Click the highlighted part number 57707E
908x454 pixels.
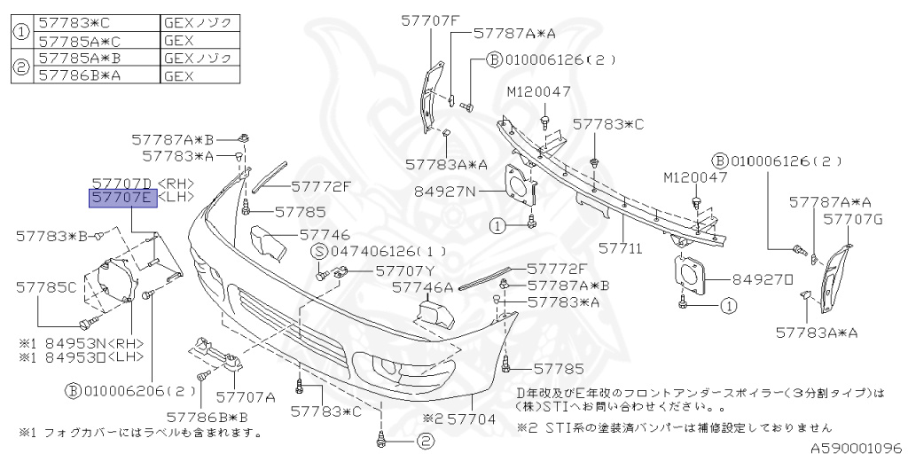[x=122, y=198]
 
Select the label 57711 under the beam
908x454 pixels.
[x=620, y=249]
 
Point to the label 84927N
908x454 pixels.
[x=445, y=191]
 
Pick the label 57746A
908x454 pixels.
[x=422, y=286]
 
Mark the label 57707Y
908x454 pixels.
[x=404, y=270]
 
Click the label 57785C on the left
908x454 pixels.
[x=47, y=286]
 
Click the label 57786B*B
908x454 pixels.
[x=206, y=415]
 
